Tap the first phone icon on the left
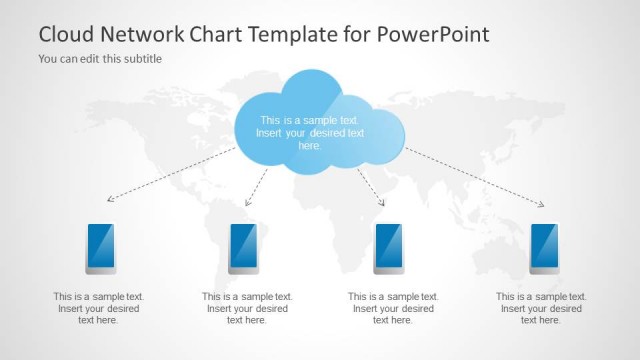100,248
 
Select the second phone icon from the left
244,248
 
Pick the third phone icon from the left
388,248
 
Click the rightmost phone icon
544,248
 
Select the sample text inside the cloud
311,132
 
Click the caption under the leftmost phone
99,308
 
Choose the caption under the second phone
247,308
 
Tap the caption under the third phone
393,308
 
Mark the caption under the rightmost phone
541,308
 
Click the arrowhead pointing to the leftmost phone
110,200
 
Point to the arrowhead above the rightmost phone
542,205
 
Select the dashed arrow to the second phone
256,187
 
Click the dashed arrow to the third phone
372,187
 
